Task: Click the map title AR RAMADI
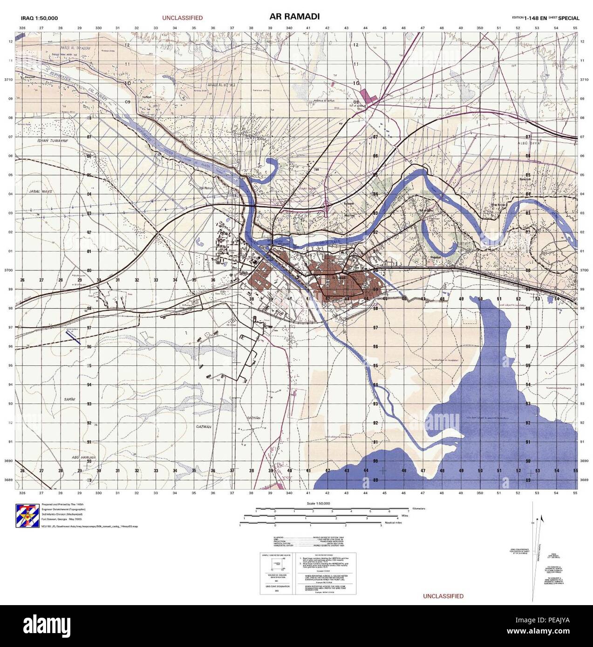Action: click(294, 17)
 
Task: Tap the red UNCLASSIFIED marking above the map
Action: click(182, 18)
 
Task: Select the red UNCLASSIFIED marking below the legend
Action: click(443, 596)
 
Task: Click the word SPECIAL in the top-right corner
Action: click(568, 18)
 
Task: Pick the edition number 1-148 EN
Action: click(535, 18)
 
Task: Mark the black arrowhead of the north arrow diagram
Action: click(541, 518)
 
